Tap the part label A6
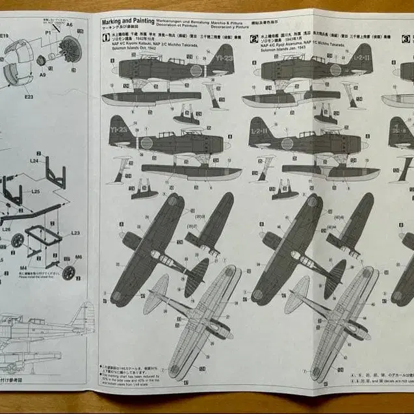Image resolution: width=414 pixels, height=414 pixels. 69,25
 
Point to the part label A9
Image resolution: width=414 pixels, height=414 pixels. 42,75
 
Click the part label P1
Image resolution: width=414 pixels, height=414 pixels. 48,32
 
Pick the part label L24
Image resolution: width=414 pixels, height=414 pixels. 34,159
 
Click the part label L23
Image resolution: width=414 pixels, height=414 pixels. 75,233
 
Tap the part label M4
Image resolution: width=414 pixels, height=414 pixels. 23,267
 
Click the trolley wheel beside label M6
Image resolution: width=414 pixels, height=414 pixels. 68,272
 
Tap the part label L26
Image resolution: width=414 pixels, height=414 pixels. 6,229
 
